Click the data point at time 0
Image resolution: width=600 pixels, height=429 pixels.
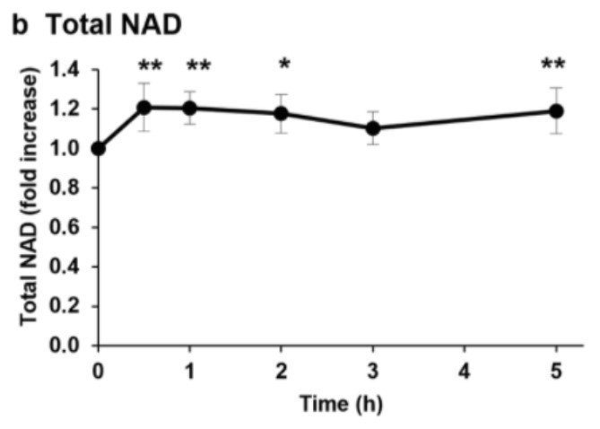pos(98,148)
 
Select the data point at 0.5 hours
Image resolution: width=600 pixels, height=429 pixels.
pos(143,108)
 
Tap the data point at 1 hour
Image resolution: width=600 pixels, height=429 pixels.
pos(189,108)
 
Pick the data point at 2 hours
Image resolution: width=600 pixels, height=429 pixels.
pos(281,113)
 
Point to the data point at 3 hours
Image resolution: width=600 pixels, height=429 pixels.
pos(373,128)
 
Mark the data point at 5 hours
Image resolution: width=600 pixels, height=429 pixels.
pos(556,111)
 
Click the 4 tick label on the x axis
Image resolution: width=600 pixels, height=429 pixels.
pos(465,370)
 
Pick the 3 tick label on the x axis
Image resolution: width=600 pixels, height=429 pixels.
pos(373,370)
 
